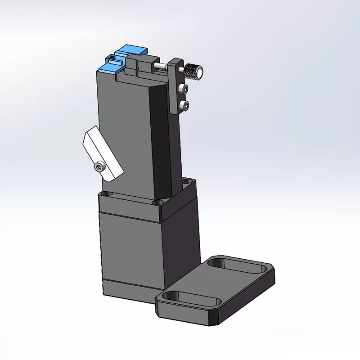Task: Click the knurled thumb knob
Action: [194, 71]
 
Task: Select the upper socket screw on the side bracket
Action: [183, 88]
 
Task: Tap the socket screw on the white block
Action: [99, 167]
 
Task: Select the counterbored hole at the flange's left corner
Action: [106, 193]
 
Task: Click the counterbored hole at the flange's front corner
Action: [159, 203]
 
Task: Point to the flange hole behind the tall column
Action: [189, 181]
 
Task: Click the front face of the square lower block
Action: [130, 252]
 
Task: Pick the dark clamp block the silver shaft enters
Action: [146, 67]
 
